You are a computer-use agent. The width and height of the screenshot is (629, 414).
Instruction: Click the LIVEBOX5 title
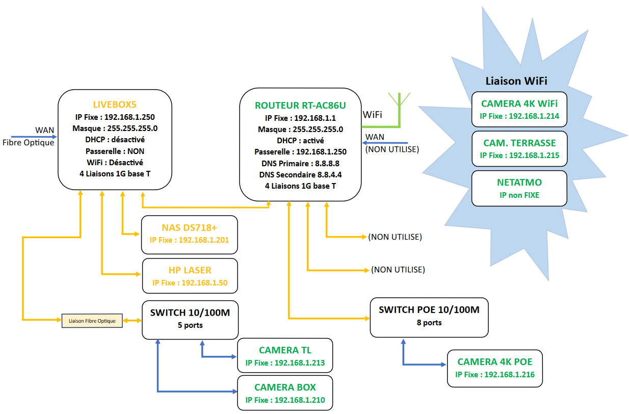[x=115, y=105]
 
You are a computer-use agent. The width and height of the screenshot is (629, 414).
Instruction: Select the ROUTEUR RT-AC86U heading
[x=300, y=106]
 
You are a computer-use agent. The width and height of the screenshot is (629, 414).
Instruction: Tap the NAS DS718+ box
[x=190, y=235]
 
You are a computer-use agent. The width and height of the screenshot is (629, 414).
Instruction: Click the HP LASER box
[x=190, y=276]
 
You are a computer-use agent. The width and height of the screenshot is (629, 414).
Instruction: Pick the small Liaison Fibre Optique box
[x=92, y=321]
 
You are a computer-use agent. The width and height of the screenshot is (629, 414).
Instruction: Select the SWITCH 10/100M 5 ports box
[x=190, y=320]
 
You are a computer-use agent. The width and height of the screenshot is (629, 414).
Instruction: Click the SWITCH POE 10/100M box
[x=429, y=317]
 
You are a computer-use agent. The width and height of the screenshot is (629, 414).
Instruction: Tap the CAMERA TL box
[x=285, y=355]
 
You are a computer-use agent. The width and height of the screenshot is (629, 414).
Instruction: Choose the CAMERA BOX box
[x=285, y=393]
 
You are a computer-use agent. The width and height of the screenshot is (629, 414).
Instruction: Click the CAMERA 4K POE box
[x=495, y=368]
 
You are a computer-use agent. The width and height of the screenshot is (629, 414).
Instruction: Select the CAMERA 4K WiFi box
[x=519, y=109]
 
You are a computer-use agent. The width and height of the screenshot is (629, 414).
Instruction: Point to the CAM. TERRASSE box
[x=519, y=149]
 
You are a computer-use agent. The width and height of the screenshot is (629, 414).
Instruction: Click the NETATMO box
[x=519, y=188]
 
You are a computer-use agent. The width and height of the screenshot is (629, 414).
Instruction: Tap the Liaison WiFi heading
[x=516, y=81]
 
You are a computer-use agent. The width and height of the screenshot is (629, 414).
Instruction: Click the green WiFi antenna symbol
[x=399, y=111]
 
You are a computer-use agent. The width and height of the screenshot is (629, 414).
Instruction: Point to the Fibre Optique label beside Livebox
[x=29, y=143]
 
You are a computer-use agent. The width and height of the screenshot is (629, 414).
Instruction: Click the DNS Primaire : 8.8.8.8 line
[x=300, y=164]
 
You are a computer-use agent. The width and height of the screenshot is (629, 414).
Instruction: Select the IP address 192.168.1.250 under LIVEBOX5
[x=129, y=117]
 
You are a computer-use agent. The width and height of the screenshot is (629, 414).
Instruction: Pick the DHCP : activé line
[x=300, y=140]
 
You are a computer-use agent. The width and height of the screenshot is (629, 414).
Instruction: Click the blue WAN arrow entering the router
[x=385, y=143]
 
